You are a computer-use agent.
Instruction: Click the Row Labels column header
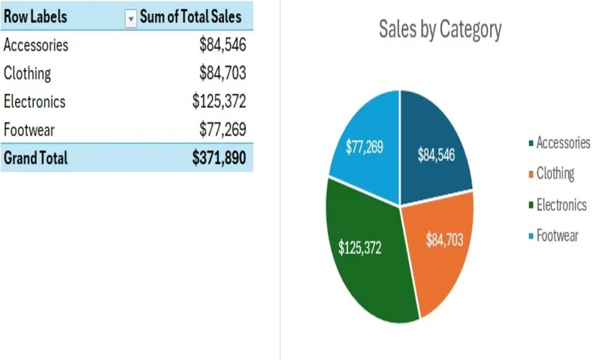(x=35, y=16)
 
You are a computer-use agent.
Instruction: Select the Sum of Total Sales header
(x=190, y=16)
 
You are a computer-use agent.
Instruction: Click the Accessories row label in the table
(x=36, y=45)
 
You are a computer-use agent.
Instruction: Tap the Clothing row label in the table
(x=28, y=73)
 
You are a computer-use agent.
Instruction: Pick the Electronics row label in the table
(x=35, y=101)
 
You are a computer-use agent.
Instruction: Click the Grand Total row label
(x=36, y=158)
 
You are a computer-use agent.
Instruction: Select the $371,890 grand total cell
(x=219, y=158)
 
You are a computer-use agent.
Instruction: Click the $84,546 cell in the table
(x=223, y=45)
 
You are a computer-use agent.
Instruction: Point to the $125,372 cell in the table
(x=219, y=101)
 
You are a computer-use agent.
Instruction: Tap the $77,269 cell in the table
(x=223, y=130)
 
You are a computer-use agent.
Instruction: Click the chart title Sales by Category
(x=440, y=29)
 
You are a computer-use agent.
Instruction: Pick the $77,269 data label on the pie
(x=364, y=147)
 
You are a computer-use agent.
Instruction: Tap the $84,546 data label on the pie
(x=436, y=155)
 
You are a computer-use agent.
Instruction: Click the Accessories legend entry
(x=563, y=143)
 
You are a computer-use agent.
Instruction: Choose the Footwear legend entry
(x=557, y=236)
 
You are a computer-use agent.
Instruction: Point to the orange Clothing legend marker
(x=531, y=175)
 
